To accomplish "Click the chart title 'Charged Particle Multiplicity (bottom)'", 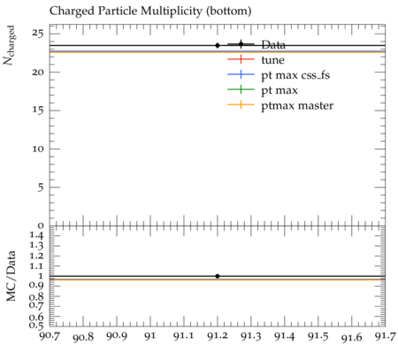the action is click(150, 11).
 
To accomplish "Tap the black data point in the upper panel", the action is click(218, 45).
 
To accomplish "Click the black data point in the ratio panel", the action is click(218, 276).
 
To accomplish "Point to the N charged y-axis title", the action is click(9, 45).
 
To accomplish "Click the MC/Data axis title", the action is click(11, 276).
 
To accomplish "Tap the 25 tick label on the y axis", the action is click(38, 34).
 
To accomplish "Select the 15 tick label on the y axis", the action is click(38, 111).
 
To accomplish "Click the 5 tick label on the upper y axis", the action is click(41, 188).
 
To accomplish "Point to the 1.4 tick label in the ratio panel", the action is click(36, 235).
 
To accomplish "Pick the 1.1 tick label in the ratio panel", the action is click(36, 266).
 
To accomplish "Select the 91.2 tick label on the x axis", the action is click(218, 336).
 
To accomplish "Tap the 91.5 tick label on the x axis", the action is click(318, 336).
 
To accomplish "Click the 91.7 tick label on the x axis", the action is click(385, 336).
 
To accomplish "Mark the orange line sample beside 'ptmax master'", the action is click(241, 104).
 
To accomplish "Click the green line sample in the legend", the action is click(241, 89).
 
